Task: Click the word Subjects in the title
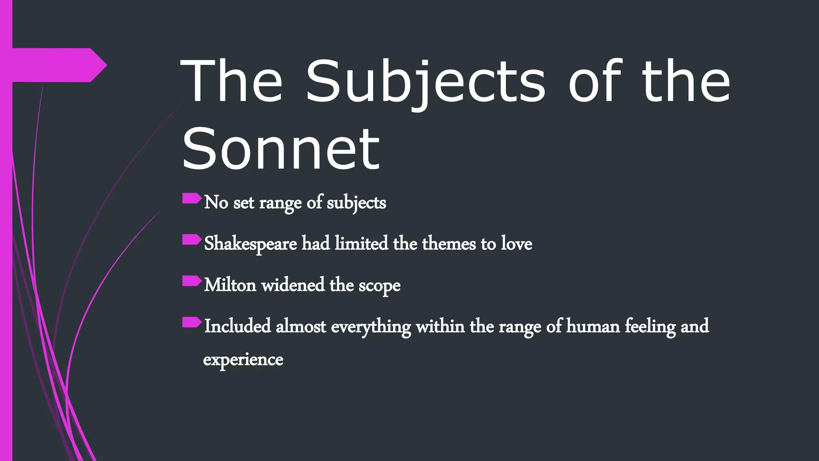coord(425,82)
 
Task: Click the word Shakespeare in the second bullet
coord(250,244)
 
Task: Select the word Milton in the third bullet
coord(230,285)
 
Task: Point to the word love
coord(517,244)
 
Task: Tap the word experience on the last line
coord(243,359)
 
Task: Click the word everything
coord(371,327)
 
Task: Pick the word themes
coord(449,244)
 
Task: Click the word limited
coord(362,244)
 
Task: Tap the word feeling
coord(650,326)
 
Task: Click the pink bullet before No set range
coord(192,198)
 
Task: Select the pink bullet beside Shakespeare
coord(192,240)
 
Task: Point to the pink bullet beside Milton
coord(192,281)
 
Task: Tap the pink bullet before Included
coord(192,322)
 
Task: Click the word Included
coord(238,326)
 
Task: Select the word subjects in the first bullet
coord(356,202)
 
